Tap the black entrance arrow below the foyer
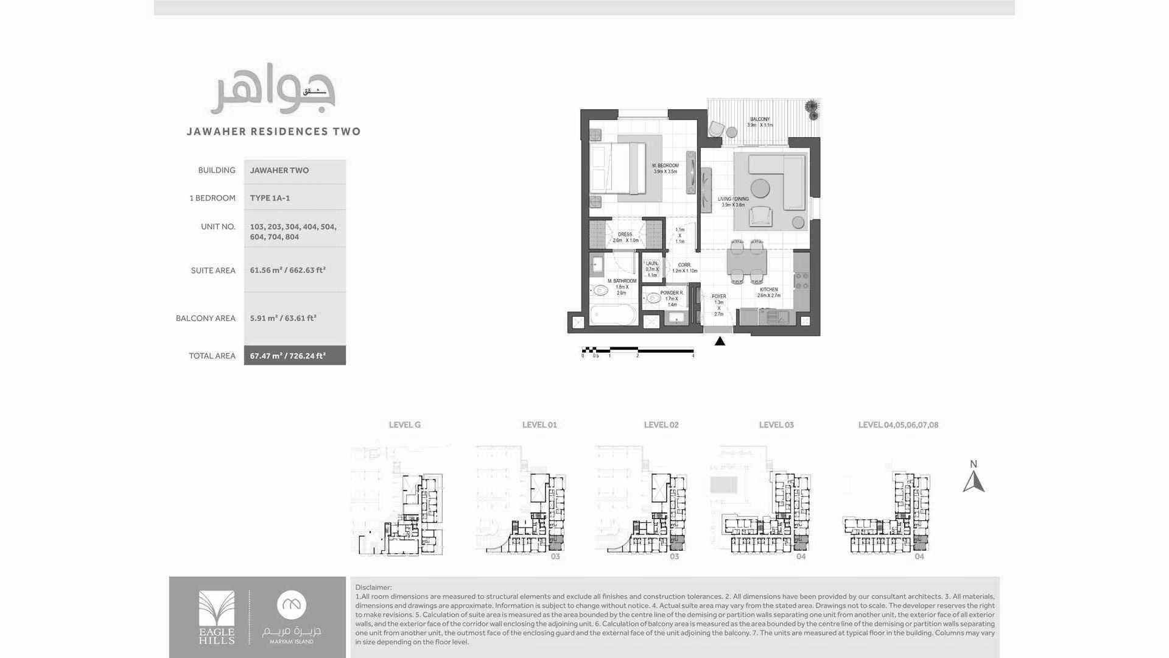pyautogui.click(x=720, y=341)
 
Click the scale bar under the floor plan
pyautogui.click(x=637, y=350)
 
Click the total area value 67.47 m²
pyautogui.click(x=287, y=356)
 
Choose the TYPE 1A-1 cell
pyautogui.click(x=270, y=198)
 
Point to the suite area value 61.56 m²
pyautogui.click(x=287, y=270)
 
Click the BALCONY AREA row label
pyautogui.click(x=205, y=318)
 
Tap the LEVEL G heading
pyautogui.click(x=404, y=425)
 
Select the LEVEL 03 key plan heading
pyautogui.click(x=776, y=425)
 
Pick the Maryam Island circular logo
pyautogui.click(x=292, y=605)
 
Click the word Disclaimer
pyautogui.click(x=373, y=587)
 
